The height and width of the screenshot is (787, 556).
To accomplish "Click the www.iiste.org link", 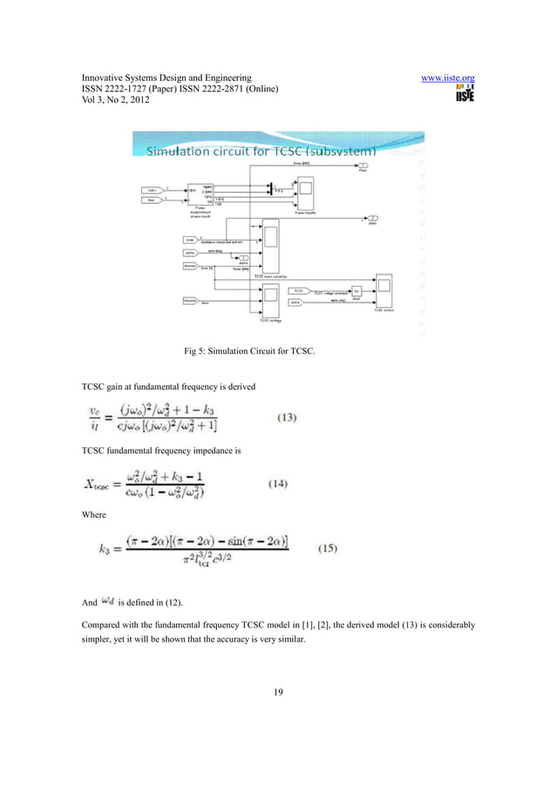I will point(447,78).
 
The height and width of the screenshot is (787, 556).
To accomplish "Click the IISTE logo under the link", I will point(464,96).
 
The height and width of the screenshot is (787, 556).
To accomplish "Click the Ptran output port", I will point(363,166).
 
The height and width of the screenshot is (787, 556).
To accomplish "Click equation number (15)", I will point(326,547).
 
